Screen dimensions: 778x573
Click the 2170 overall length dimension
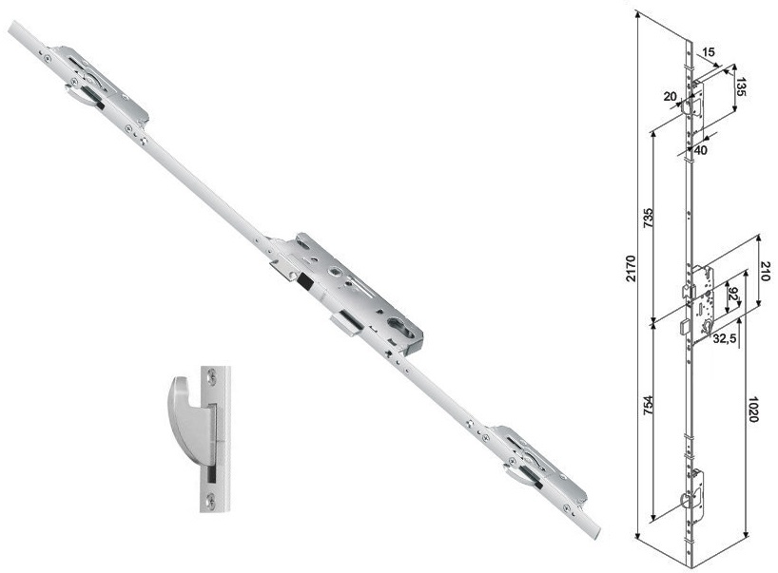[631, 268]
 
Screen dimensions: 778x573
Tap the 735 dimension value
[649, 218]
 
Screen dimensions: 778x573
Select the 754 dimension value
[649, 405]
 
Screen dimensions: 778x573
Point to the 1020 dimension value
[752, 409]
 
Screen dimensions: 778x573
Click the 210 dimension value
[766, 271]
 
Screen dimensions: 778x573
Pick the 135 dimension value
[740, 86]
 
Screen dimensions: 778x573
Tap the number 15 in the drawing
[709, 51]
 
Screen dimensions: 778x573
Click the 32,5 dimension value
[725, 338]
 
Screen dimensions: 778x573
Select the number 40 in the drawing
[701, 150]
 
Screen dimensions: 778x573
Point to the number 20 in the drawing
[670, 96]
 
